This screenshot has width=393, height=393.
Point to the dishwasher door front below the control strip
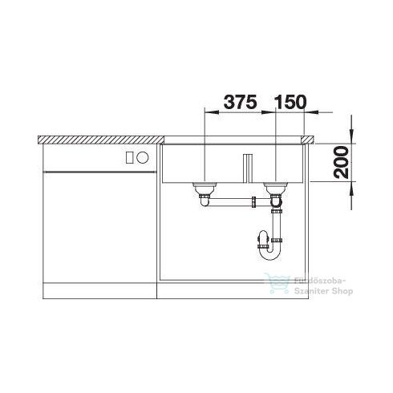100,225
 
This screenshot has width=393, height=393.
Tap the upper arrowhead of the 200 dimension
351,135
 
